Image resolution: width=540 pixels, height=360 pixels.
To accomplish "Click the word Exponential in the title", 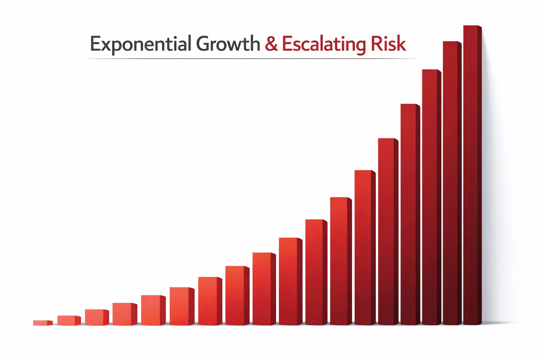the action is (x=141, y=44).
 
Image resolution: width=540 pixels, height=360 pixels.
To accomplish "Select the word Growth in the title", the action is (x=228, y=43).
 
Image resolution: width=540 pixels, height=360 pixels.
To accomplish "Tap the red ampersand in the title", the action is (x=271, y=44).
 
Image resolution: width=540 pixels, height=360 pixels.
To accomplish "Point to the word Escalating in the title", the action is (x=324, y=44).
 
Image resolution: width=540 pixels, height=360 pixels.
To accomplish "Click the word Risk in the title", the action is (x=388, y=43).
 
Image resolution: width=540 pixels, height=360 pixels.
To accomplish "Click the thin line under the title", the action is (x=250, y=59).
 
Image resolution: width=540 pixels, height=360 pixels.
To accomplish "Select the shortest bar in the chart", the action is (x=43, y=323).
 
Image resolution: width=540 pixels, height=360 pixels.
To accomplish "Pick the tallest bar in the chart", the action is (x=472, y=175).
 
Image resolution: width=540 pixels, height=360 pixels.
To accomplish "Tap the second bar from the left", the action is (x=69, y=321).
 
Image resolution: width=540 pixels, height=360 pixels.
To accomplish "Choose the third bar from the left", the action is (x=97, y=317).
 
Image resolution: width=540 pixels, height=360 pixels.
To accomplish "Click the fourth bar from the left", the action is (x=125, y=314).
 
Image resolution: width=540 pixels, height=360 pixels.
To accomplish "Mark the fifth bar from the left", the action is (x=153, y=310).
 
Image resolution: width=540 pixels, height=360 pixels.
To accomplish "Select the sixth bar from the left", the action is (x=182, y=306).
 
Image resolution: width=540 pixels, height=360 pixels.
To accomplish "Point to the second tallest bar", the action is (x=452, y=183).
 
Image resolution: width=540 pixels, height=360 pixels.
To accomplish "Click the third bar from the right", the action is (x=431, y=197).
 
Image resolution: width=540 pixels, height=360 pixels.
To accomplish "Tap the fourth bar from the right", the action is (x=410, y=214).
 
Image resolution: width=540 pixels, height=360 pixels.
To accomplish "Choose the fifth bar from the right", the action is (x=388, y=231).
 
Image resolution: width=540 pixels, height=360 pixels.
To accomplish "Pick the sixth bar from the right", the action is (x=365, y=247).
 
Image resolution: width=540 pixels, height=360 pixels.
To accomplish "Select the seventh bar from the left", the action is (x=210, y=301).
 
